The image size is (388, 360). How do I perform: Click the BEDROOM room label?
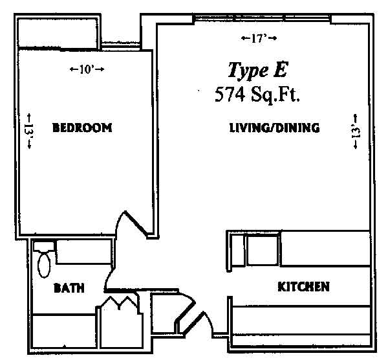[82, 128]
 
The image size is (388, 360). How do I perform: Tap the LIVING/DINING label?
[274, 128]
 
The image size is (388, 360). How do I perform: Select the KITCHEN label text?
[303, 287]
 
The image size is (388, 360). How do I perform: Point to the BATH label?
[69, 288]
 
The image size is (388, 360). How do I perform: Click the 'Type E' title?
[258, 70]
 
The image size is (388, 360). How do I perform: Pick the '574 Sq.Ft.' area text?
[257, 95]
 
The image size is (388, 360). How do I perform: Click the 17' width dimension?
[259, 38]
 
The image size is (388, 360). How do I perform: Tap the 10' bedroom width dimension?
[87, 69]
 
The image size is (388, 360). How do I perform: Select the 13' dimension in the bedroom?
[29, 131]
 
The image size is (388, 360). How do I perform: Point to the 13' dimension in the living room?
[356, 131]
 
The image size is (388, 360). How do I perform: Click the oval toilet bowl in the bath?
[44, 265]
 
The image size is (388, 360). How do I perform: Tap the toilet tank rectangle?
[44, 246]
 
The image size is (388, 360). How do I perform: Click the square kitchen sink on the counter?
[263, 250]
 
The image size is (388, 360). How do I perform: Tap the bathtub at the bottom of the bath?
[64, 331]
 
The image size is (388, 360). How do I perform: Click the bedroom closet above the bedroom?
[58, 34]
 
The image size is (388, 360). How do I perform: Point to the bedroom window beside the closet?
[122, 46]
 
